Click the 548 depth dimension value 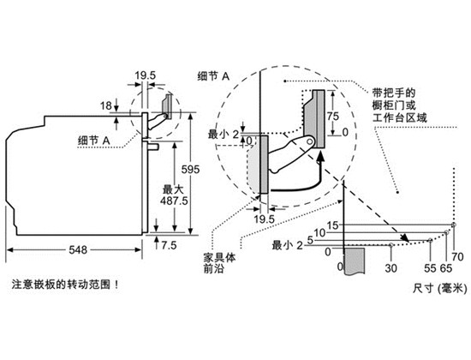[x=78, y=249]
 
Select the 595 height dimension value [x=190, y=170]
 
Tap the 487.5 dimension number [x=174, y=201]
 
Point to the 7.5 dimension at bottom [x=169, y=245]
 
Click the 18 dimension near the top [x=106, y=106]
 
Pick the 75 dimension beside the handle [x=333, y=116]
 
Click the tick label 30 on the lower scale [x=391, y=267]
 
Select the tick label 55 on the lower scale [x=430, y=267]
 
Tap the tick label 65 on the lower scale [x=446, y=267]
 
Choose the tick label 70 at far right [x=458, y=256]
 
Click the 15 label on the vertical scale [x=332, y=225]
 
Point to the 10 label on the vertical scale [x=320, y=233]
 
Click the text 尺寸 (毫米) [x=440, y=289]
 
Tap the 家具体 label [x=219, y=258]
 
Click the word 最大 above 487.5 [x=173, y=189]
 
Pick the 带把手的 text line [x=394, y=93]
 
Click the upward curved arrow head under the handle [x=320, y=156]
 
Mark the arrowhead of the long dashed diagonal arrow [x=405, y=238]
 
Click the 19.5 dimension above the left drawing [x=145, y=75]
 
